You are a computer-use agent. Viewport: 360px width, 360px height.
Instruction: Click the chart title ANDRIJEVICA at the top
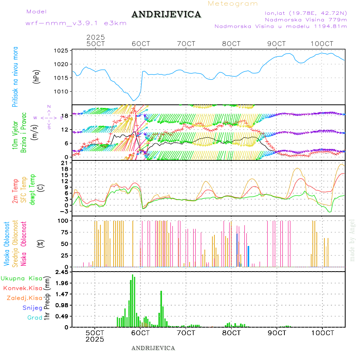166,15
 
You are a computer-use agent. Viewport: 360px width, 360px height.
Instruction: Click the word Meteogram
233,4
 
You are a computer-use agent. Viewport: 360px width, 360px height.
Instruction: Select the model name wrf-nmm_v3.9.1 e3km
76,23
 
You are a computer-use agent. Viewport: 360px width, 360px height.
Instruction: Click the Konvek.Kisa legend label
22,288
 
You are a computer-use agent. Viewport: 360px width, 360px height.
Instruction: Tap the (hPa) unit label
36,76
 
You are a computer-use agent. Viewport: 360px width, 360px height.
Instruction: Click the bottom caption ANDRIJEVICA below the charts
153,348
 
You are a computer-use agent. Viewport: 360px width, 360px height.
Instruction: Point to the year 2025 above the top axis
95,37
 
